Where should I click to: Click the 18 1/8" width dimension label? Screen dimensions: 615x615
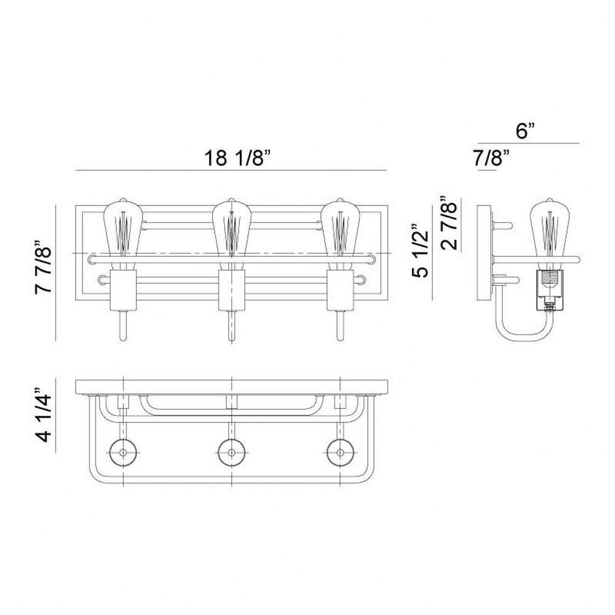[237, 158]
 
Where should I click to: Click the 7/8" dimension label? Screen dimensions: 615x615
[491, 158]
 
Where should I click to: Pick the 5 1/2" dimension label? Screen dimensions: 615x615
[420, 251]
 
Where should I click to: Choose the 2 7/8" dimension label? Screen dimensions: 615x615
[449, 223]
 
